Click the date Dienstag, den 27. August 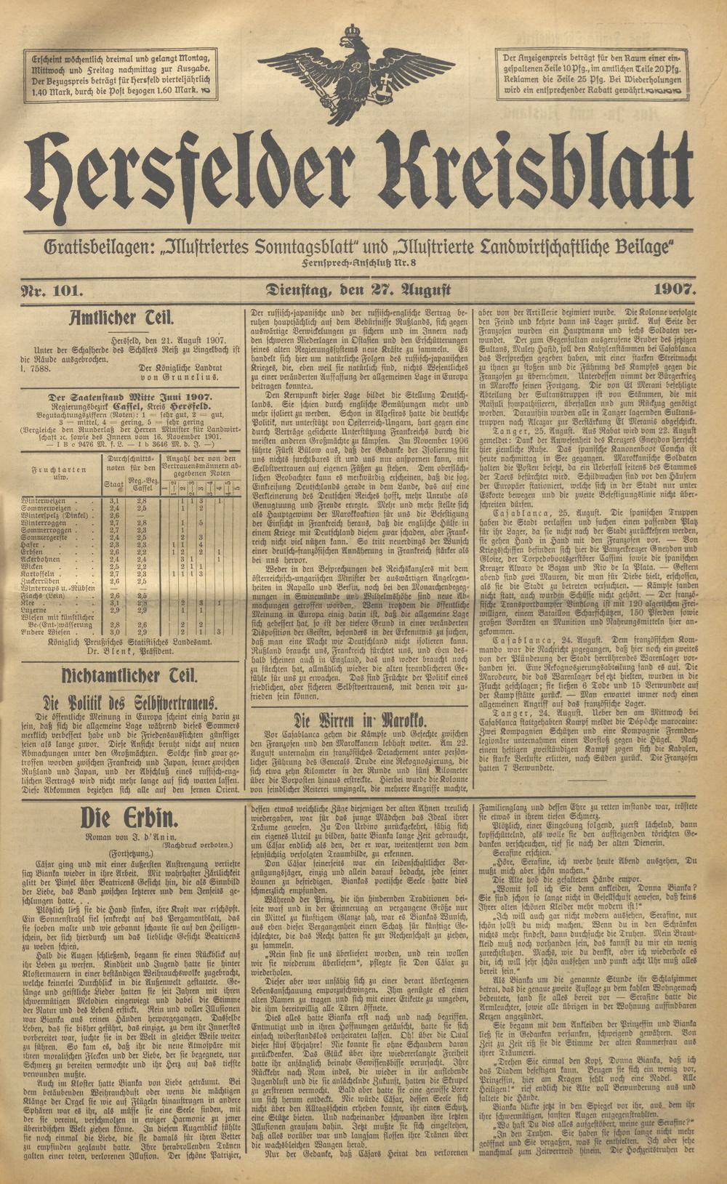359,289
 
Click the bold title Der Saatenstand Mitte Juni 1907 129,397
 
